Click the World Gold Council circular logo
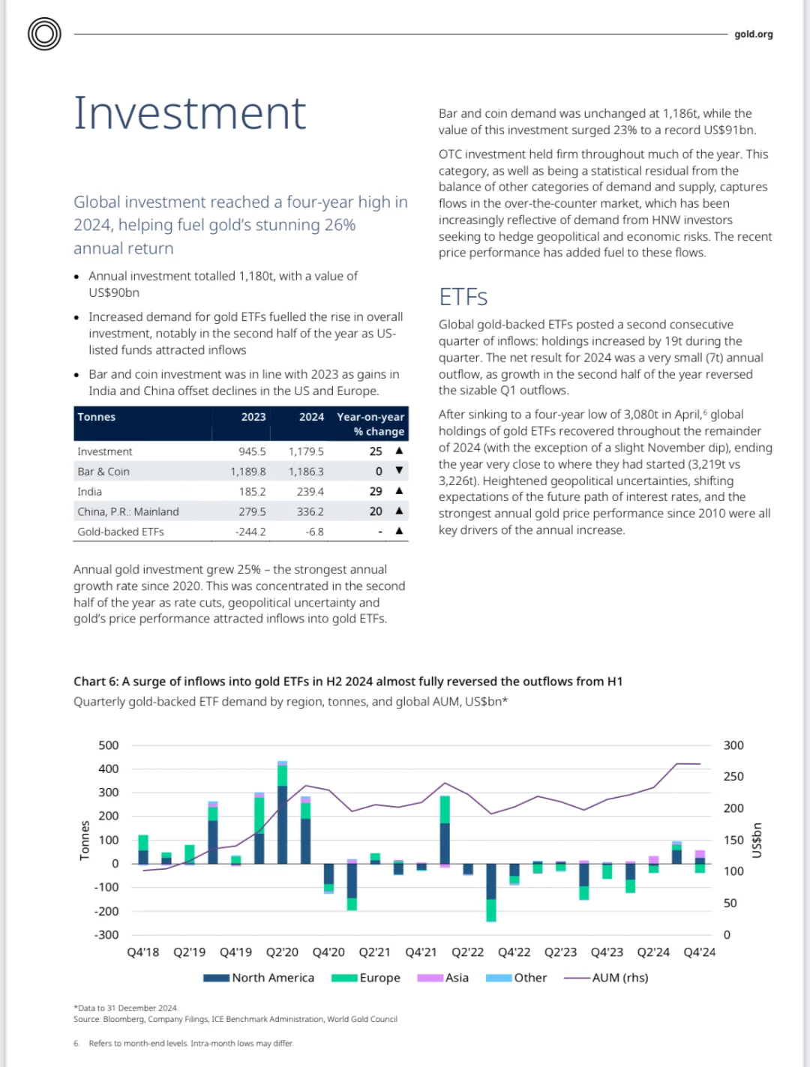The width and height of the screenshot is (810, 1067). click(44, 34)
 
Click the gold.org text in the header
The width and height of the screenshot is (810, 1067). click(753, 34)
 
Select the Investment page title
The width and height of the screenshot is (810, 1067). click(190, 113)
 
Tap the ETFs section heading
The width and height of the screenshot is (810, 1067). click(463, 296)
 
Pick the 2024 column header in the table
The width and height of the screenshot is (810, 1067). click(311, 417)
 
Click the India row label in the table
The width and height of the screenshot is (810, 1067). click(89, 491)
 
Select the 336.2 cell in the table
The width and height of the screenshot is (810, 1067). click(310, 511)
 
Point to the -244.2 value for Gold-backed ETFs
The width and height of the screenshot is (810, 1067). click(250, 532)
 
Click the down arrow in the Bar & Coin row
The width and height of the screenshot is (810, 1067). click(399, 470)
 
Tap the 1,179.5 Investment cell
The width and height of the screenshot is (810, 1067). click(306, 451)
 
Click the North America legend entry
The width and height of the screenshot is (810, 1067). click(259, 978)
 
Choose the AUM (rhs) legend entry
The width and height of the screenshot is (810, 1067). click(606, 978)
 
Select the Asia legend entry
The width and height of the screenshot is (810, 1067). click(443, 978)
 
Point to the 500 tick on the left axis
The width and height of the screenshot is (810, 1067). click(109, 745)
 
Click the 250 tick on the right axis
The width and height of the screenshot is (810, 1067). click(733, 776)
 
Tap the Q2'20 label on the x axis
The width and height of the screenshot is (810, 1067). click(282, 952)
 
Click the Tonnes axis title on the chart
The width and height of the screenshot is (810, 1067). click(85, 841)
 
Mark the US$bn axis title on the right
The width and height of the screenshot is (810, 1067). click(756, 840)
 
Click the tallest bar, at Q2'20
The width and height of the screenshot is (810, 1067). click(282, 812)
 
